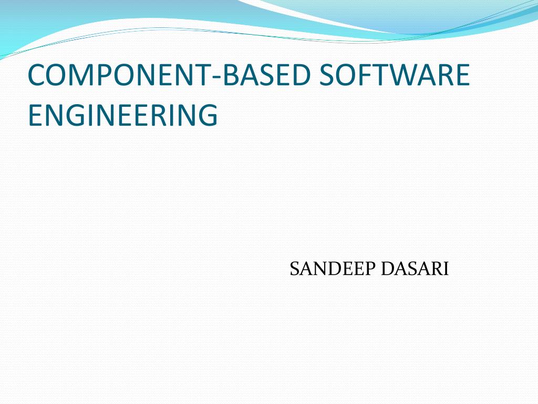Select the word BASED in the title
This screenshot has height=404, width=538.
[266, 75]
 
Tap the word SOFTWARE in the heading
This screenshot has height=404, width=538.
[395, 75]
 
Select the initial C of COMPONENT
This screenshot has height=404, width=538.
[38, 75]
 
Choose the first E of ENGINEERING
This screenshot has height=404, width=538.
[35, 115]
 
